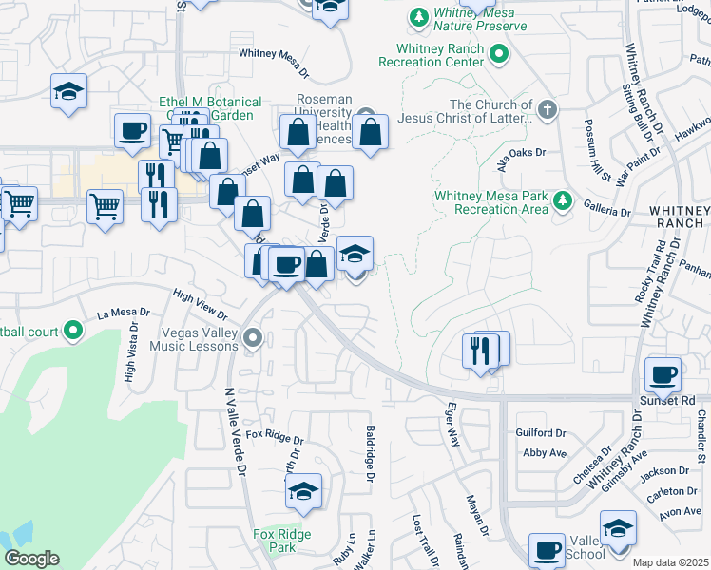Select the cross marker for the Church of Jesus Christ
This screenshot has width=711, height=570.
click(x=547, y=109)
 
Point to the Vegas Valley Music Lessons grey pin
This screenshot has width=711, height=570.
click(x=252, y=337)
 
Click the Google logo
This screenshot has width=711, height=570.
click(x=31, y=559)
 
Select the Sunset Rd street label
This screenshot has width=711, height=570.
click(x=675, y=400)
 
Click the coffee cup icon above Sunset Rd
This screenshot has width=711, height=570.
click(x=663, y=374)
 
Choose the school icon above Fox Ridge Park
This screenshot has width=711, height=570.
click(x=303, y=491)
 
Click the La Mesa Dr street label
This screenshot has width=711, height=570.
click(x=125, y=312)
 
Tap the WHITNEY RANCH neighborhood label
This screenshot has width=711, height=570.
click(x=679, y=218)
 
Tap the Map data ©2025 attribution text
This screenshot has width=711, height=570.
click(x=670, y=562)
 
